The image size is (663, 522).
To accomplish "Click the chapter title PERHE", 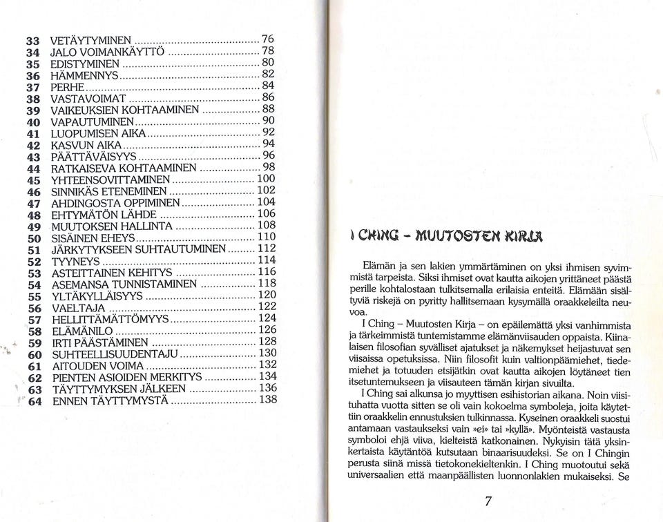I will (68, 87).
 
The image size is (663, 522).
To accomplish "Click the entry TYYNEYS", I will (76, 262).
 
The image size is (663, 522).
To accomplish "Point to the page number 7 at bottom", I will (488, 502).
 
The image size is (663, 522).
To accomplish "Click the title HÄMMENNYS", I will (86, 75).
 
